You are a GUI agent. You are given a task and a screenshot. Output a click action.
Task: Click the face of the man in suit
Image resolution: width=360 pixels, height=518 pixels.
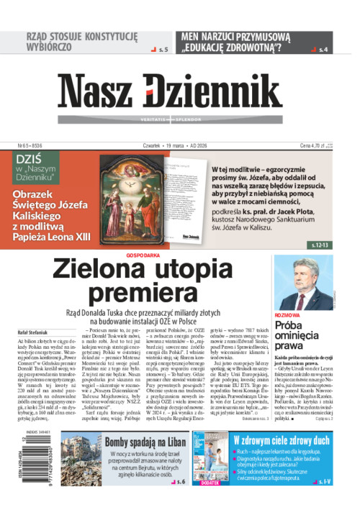point(302,273)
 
